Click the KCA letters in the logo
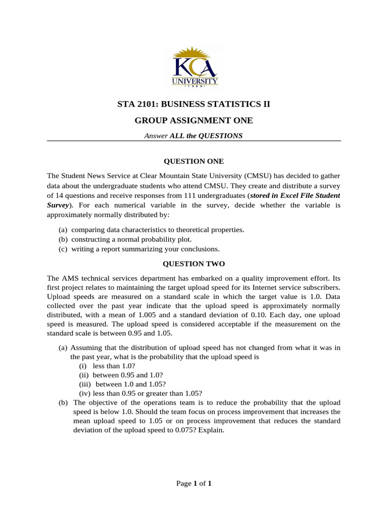[194, 68]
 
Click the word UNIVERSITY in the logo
[195, 81]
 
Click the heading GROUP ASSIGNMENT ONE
[193, 120]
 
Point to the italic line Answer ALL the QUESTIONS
[193, 136]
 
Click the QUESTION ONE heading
[193, 161]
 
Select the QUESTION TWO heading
[193, 264]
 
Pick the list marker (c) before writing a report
[64, 249]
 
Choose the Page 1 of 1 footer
[193, 484]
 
